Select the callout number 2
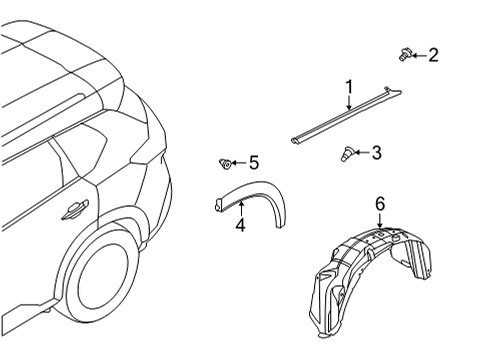point(432,55)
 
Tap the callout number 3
point(376,153)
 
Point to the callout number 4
point(240,226)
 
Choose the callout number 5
point(254,162)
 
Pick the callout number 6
point(379,203)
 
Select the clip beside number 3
point(346,154)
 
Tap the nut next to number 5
point(226,162)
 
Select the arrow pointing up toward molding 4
point(240,207)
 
